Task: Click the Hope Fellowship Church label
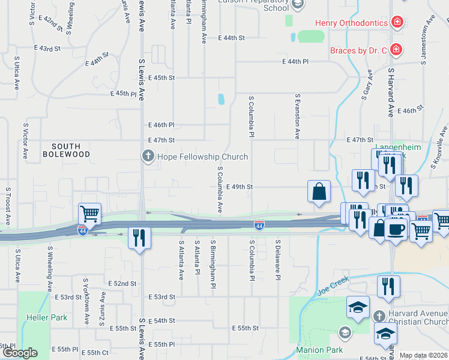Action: coord(202,157)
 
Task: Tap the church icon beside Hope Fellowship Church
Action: coord(148,157)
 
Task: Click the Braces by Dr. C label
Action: coord(358,50)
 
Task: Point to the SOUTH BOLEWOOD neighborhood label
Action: coord(71,150)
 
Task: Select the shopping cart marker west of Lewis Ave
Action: coord(89,214)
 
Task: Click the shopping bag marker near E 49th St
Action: coord(319,191)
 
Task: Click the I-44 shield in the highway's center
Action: coord(259,225)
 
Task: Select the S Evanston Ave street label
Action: coord(297,116)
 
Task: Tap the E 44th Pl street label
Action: coord(295,61)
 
